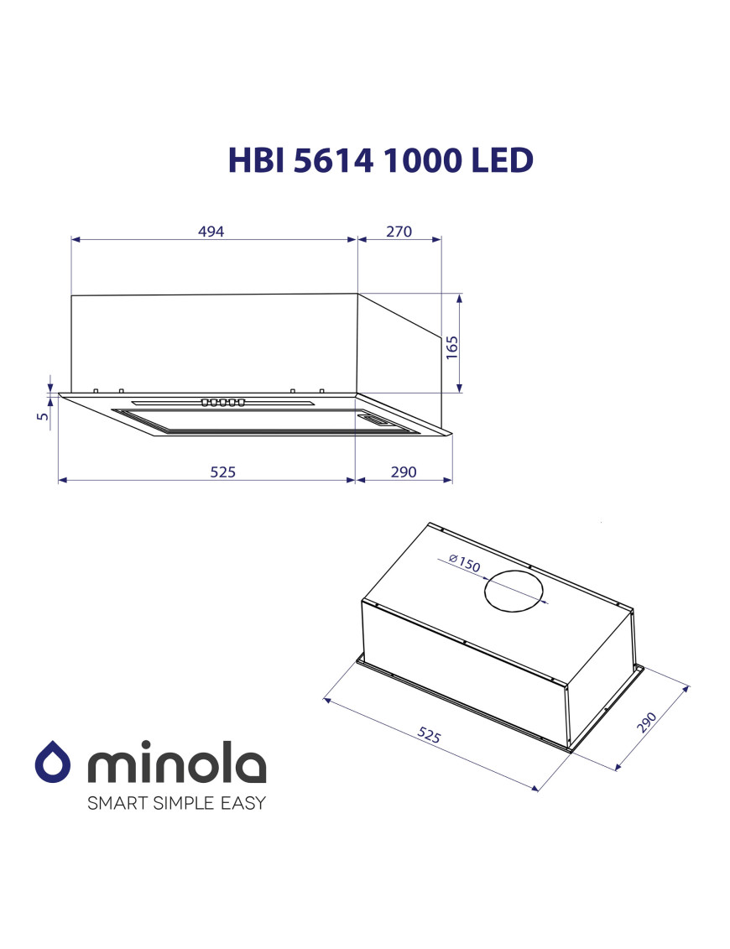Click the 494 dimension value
point(211,232)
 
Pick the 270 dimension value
point(399,232)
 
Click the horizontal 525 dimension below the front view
point(222,472)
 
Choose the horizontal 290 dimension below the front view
point(403,472)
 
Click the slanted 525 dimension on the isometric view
point(429,736)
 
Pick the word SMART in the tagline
point(117,803)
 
